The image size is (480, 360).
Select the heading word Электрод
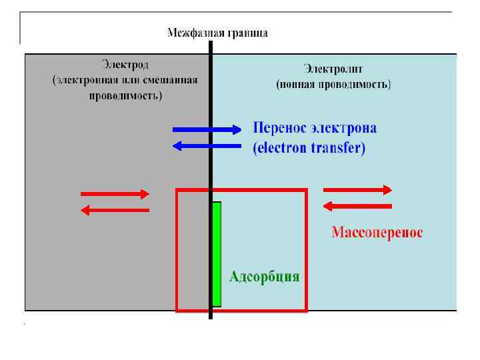pos(125,65)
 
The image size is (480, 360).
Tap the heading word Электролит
pos(333,68)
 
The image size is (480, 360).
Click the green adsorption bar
pos(216,254)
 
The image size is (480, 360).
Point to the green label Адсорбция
pos(264,277)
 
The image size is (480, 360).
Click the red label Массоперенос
pos(377,233)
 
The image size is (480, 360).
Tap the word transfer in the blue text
pos(337,149)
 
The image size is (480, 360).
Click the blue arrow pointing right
pos(207,129)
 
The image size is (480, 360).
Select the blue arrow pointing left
pos(206,145)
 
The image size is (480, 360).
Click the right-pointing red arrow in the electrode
pos(115,194)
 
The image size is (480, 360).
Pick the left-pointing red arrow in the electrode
pos(115,210)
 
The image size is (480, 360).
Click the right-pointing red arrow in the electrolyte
pos(358,190)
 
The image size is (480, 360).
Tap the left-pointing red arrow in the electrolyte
pos(357,206)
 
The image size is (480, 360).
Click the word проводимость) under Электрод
pos(125,95)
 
